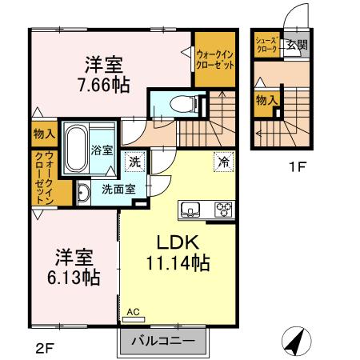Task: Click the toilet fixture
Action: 175,103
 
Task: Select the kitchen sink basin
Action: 191,210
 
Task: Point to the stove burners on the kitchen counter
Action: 222,210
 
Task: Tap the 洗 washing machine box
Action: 136,162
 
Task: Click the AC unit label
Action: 133,311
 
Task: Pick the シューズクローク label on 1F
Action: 266,45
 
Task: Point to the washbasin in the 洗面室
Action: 83,192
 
